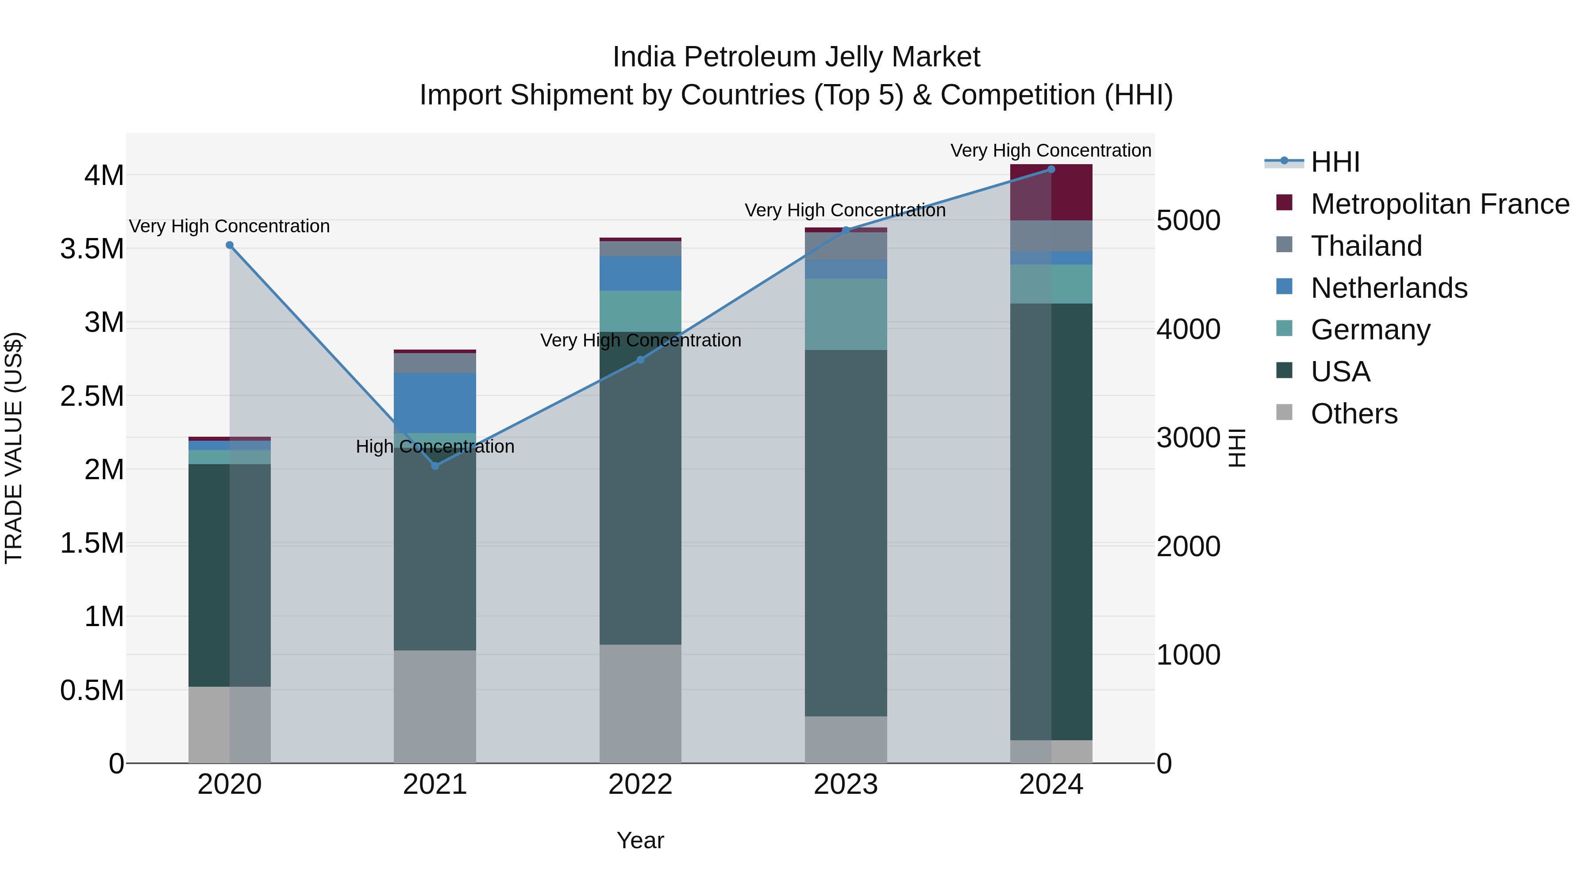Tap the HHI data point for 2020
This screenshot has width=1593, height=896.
[229, 245]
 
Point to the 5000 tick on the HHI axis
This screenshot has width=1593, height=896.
[1188, 221]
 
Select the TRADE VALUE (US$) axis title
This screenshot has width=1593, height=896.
[14, 448]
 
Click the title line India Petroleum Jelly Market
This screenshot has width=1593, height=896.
[796, 57]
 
